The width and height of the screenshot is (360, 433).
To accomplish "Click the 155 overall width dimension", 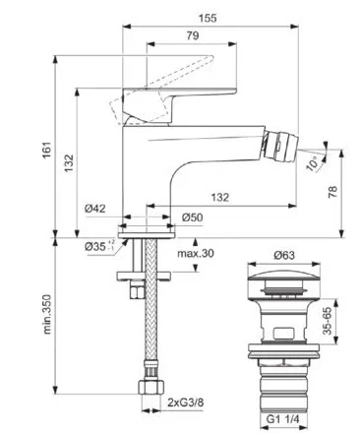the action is [x=208, y=18].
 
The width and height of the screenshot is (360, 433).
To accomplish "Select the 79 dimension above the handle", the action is [x=193, y=35].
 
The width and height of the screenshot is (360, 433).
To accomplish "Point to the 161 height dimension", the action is [x=47, y=150].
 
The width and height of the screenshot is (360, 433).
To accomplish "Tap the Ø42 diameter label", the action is [x=95, y=209].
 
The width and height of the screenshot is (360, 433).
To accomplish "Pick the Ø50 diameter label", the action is [x=193, y=217].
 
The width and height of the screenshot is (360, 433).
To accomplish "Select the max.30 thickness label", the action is [x=196, y=253].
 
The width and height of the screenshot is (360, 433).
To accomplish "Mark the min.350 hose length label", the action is [x=47, y=314].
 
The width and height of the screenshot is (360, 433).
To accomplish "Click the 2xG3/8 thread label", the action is [x=185, y=402].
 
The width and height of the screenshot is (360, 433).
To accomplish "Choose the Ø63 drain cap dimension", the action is [x=284, y=255].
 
